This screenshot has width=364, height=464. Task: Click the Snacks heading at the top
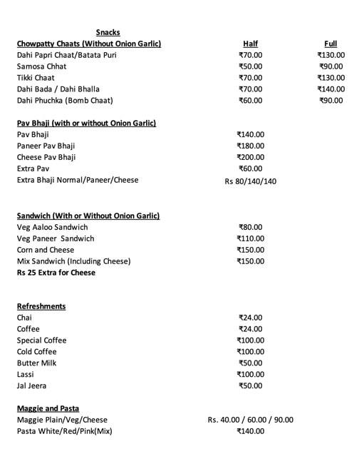[x=108, y=32]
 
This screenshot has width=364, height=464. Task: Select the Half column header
[x=250, y=44]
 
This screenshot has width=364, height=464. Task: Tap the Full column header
[x=331, y=44]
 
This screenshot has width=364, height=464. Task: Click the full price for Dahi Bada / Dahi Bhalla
[x=331, y=89]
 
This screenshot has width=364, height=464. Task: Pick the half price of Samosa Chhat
[x=250, y=66]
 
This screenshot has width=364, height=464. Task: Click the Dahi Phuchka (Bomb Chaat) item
[x=65, y=101]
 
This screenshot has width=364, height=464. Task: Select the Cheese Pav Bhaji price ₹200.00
[x=250, y=157]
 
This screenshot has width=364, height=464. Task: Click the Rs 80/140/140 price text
[x=250, y=181]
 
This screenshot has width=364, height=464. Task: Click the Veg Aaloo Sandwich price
[x=250, y=227]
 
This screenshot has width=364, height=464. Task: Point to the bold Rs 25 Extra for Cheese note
[x=56, y=273]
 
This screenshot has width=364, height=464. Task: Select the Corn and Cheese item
[x=46, y=250]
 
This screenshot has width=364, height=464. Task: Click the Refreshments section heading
[x=41, y=306]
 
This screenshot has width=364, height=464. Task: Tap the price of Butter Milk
[x=250, y=363]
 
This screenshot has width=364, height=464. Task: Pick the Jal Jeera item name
[x=32, y=386]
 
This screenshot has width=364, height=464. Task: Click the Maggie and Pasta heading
[x=48, y=408]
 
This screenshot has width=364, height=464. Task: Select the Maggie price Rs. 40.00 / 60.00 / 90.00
[x=250, y=420]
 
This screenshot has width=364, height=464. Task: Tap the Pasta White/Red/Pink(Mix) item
[x=64, y=431]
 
